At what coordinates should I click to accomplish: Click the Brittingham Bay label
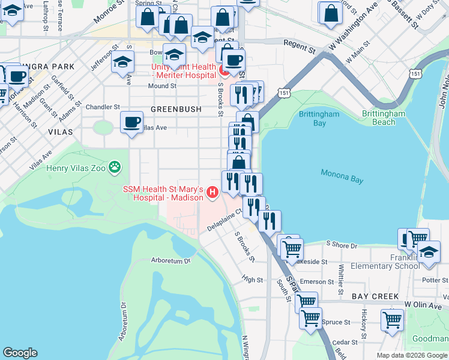click(x=319, y=118)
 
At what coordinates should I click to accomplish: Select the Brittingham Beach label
click(x=387, y=118)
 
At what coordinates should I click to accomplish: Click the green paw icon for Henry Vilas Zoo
click(x=115, y=167)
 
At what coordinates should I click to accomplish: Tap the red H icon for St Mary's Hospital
click(x=212, y=192)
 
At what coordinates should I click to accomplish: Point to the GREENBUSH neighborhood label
click(x=173, y=109)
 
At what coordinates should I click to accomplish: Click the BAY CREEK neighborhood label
click(x=375, y=296)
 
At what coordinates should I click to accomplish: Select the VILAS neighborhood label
click(x=61, y=131)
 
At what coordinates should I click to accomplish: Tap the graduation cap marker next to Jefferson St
click(x=122, y=62)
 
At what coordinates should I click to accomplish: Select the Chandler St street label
click(x=103, y=107)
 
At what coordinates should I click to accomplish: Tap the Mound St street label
click(x=162, y=86)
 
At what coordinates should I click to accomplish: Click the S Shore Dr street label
click(x=341, y=244)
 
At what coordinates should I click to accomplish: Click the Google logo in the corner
click(x=20, y=353)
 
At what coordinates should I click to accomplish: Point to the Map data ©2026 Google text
click(x=411, y=355)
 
